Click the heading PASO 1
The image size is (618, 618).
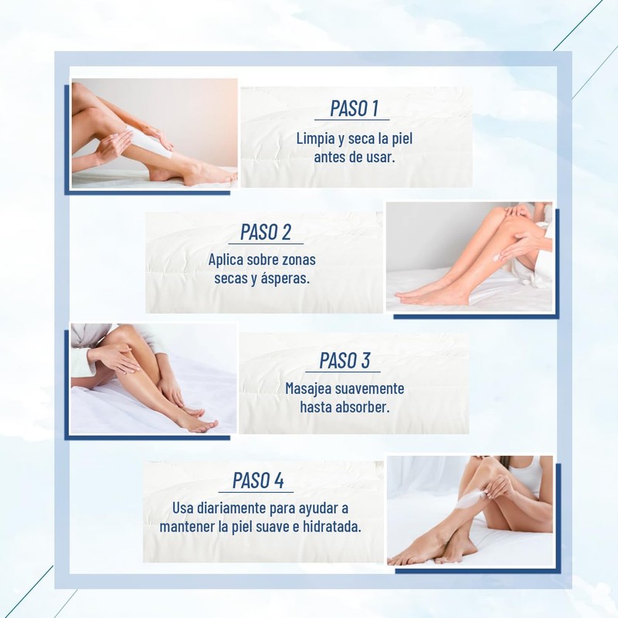click(x=354, y=108)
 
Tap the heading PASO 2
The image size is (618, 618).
click(x=266, y=232)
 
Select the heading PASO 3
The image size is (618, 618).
click(x=345, y=360)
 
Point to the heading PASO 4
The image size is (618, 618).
click(x=258, y=480)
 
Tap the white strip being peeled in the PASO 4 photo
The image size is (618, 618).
click(x=470, y=500)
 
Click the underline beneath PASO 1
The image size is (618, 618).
click(x=352, y=120)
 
